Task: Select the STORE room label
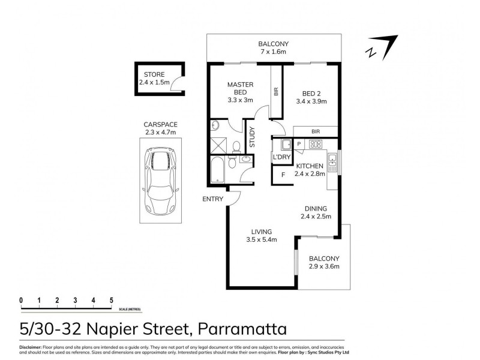(154, 75)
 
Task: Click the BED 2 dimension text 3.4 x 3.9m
(311, 101)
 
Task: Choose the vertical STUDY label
(252, 138)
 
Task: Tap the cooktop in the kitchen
(315, 144)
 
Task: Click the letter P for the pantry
(298, 144)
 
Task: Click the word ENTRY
(212, 199)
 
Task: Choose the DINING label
(316, 208)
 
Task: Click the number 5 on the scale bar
(111, 299)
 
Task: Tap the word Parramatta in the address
(241, 329)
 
